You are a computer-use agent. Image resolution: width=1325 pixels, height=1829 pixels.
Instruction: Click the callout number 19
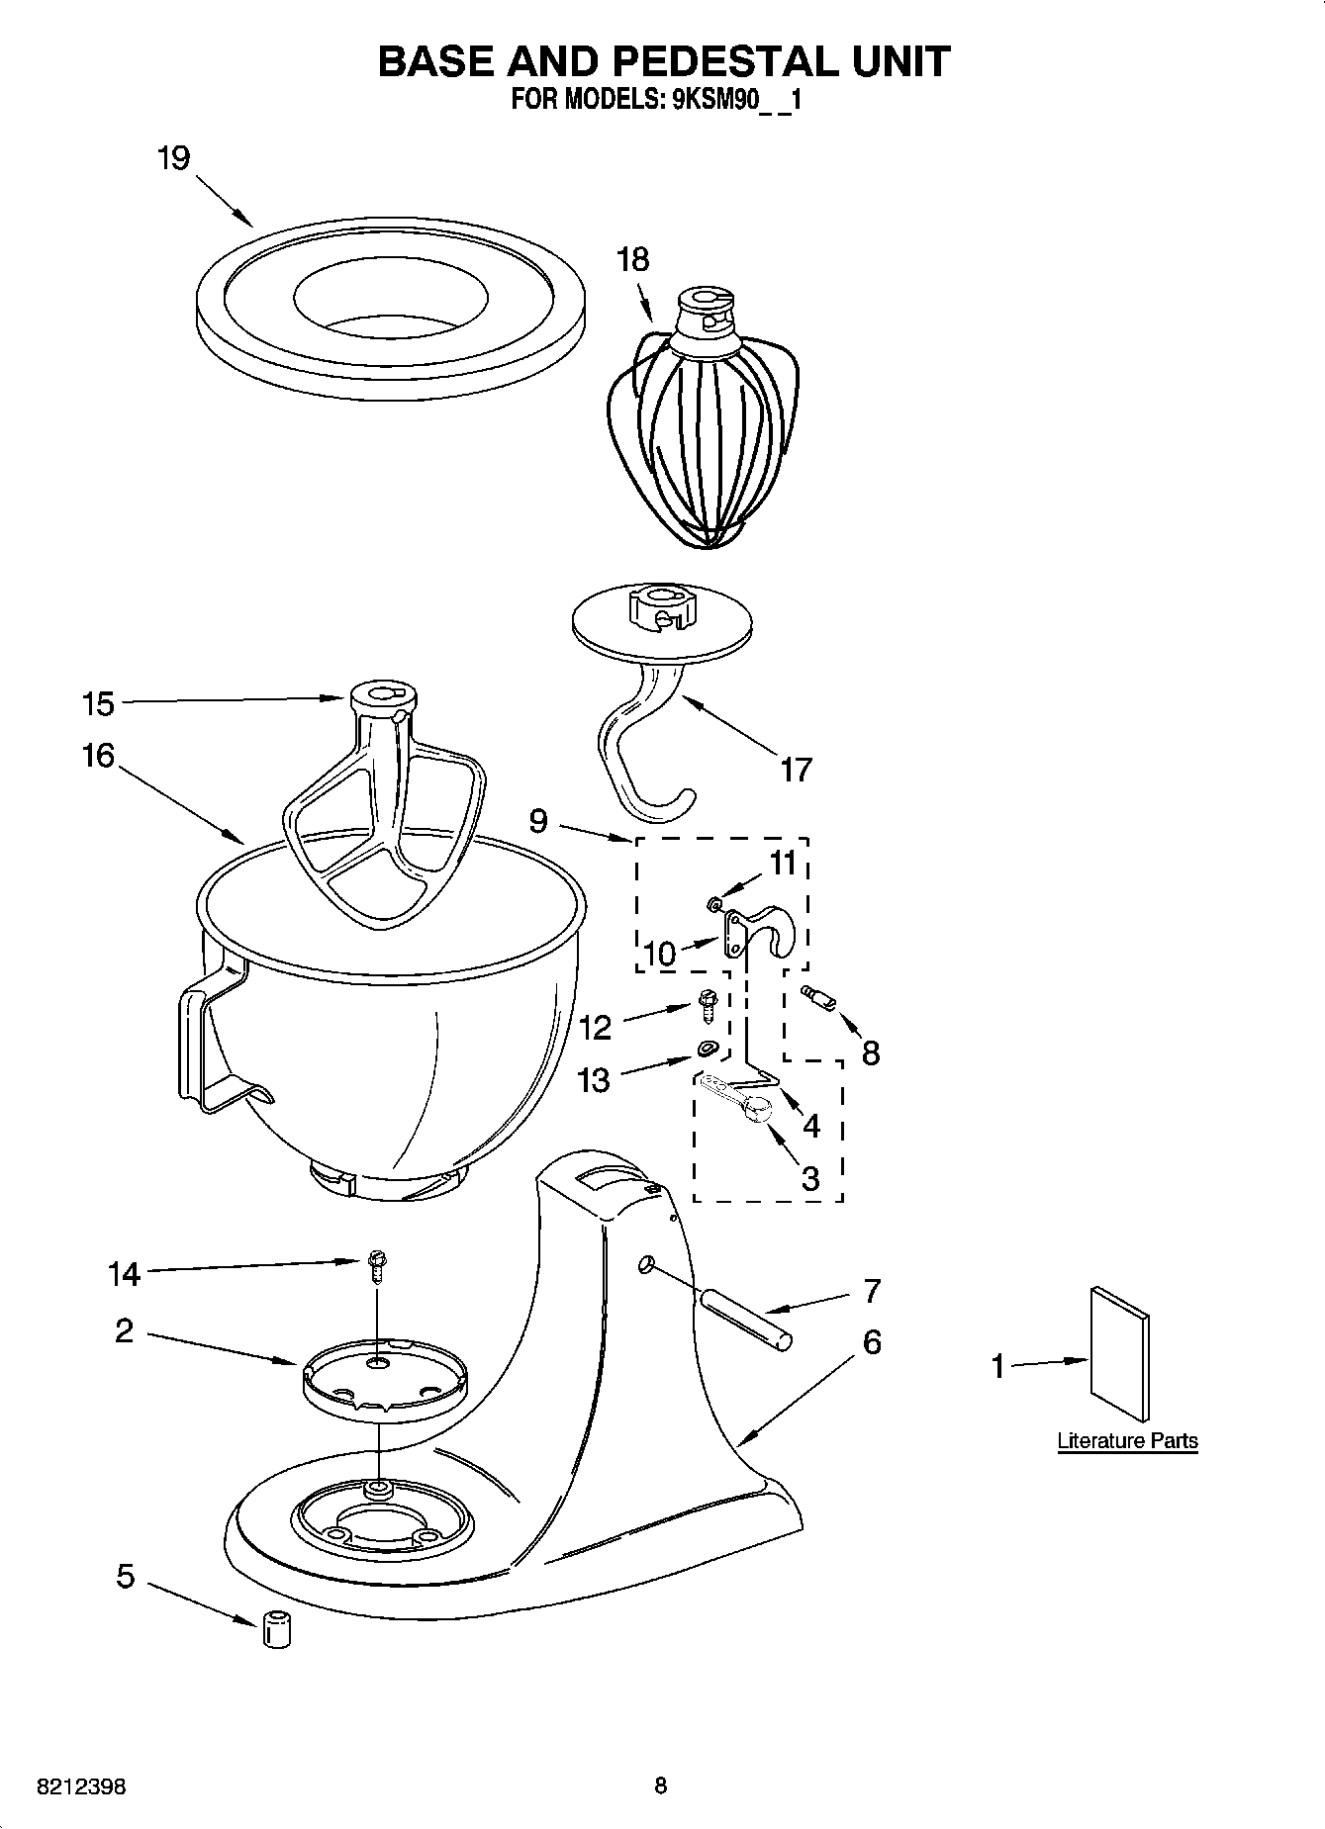pos(173,158)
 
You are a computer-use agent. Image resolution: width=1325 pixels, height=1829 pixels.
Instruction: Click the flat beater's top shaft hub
pos(382,697)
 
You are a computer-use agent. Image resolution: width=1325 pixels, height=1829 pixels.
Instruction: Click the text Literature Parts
pos(1127,1440)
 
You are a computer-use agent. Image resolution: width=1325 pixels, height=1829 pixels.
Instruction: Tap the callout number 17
pos(796,769)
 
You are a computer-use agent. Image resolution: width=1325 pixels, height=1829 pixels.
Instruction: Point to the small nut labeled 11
pos(712,902)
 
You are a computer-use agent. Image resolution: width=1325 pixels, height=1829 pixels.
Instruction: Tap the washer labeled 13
pos(707,1049)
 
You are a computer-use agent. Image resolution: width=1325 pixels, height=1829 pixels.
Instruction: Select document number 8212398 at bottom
pos(80,1786)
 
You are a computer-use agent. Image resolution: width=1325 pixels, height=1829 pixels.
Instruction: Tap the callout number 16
pos(98,757)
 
